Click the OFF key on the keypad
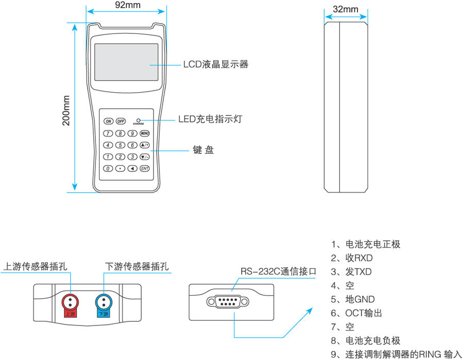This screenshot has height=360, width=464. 121,122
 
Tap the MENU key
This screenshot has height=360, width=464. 145,133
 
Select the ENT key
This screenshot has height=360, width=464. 145,168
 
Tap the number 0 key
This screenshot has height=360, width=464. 108,168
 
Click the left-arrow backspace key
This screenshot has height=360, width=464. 132,168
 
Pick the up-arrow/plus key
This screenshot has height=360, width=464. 145,145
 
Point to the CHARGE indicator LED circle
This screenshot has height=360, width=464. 138,119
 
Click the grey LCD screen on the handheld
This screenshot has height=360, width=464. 126,62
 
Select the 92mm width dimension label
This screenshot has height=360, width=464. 127,5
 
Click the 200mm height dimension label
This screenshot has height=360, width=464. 66,111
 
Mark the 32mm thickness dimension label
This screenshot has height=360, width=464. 345,9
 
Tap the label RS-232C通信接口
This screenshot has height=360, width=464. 278,271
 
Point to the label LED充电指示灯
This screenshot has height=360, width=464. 210,119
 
